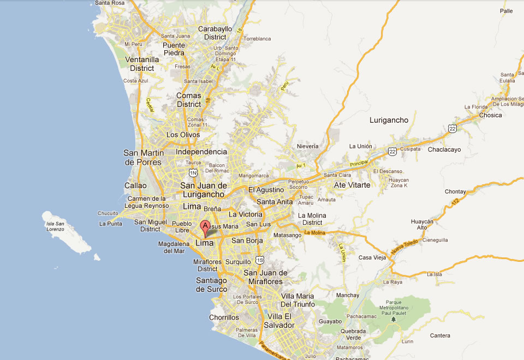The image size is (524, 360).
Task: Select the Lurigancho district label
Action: (x=389, y=120)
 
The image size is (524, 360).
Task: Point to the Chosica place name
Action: (x=490, y=115)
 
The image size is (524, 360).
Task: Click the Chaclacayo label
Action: (x=444, y=149)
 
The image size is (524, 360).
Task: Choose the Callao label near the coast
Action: (x=135, y=185)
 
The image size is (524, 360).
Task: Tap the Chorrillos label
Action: (x=224, y=317)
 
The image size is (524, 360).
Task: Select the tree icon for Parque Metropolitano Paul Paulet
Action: (x=393, y=319)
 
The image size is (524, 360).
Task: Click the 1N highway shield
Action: (x=193, y=173)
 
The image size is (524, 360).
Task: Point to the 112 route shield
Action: (x=455, y=203)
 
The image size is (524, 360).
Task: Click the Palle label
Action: (x=506, y=10)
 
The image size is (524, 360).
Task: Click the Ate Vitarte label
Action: (x=352, y=185)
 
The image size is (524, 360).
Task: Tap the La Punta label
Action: (x=110, y=224)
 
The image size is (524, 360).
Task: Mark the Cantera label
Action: (x=440, y=335)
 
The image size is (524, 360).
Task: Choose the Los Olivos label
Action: (x=183, y=135)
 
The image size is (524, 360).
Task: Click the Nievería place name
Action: (x=307, y=146)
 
